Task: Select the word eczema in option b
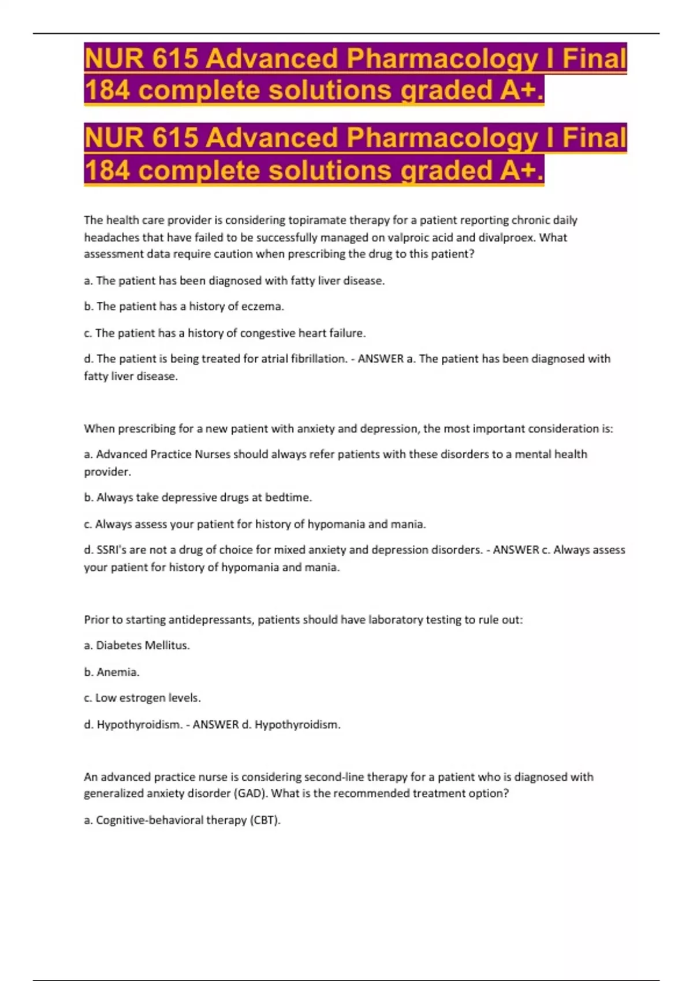(263, 306)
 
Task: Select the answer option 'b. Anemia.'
(112, 672)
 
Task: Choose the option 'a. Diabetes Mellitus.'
(137, 645)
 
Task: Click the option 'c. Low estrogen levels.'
(142, 698)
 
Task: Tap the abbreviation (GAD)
(251, 793)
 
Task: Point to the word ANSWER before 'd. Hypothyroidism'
(215, 724)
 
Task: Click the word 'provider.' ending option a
(107, 471)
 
